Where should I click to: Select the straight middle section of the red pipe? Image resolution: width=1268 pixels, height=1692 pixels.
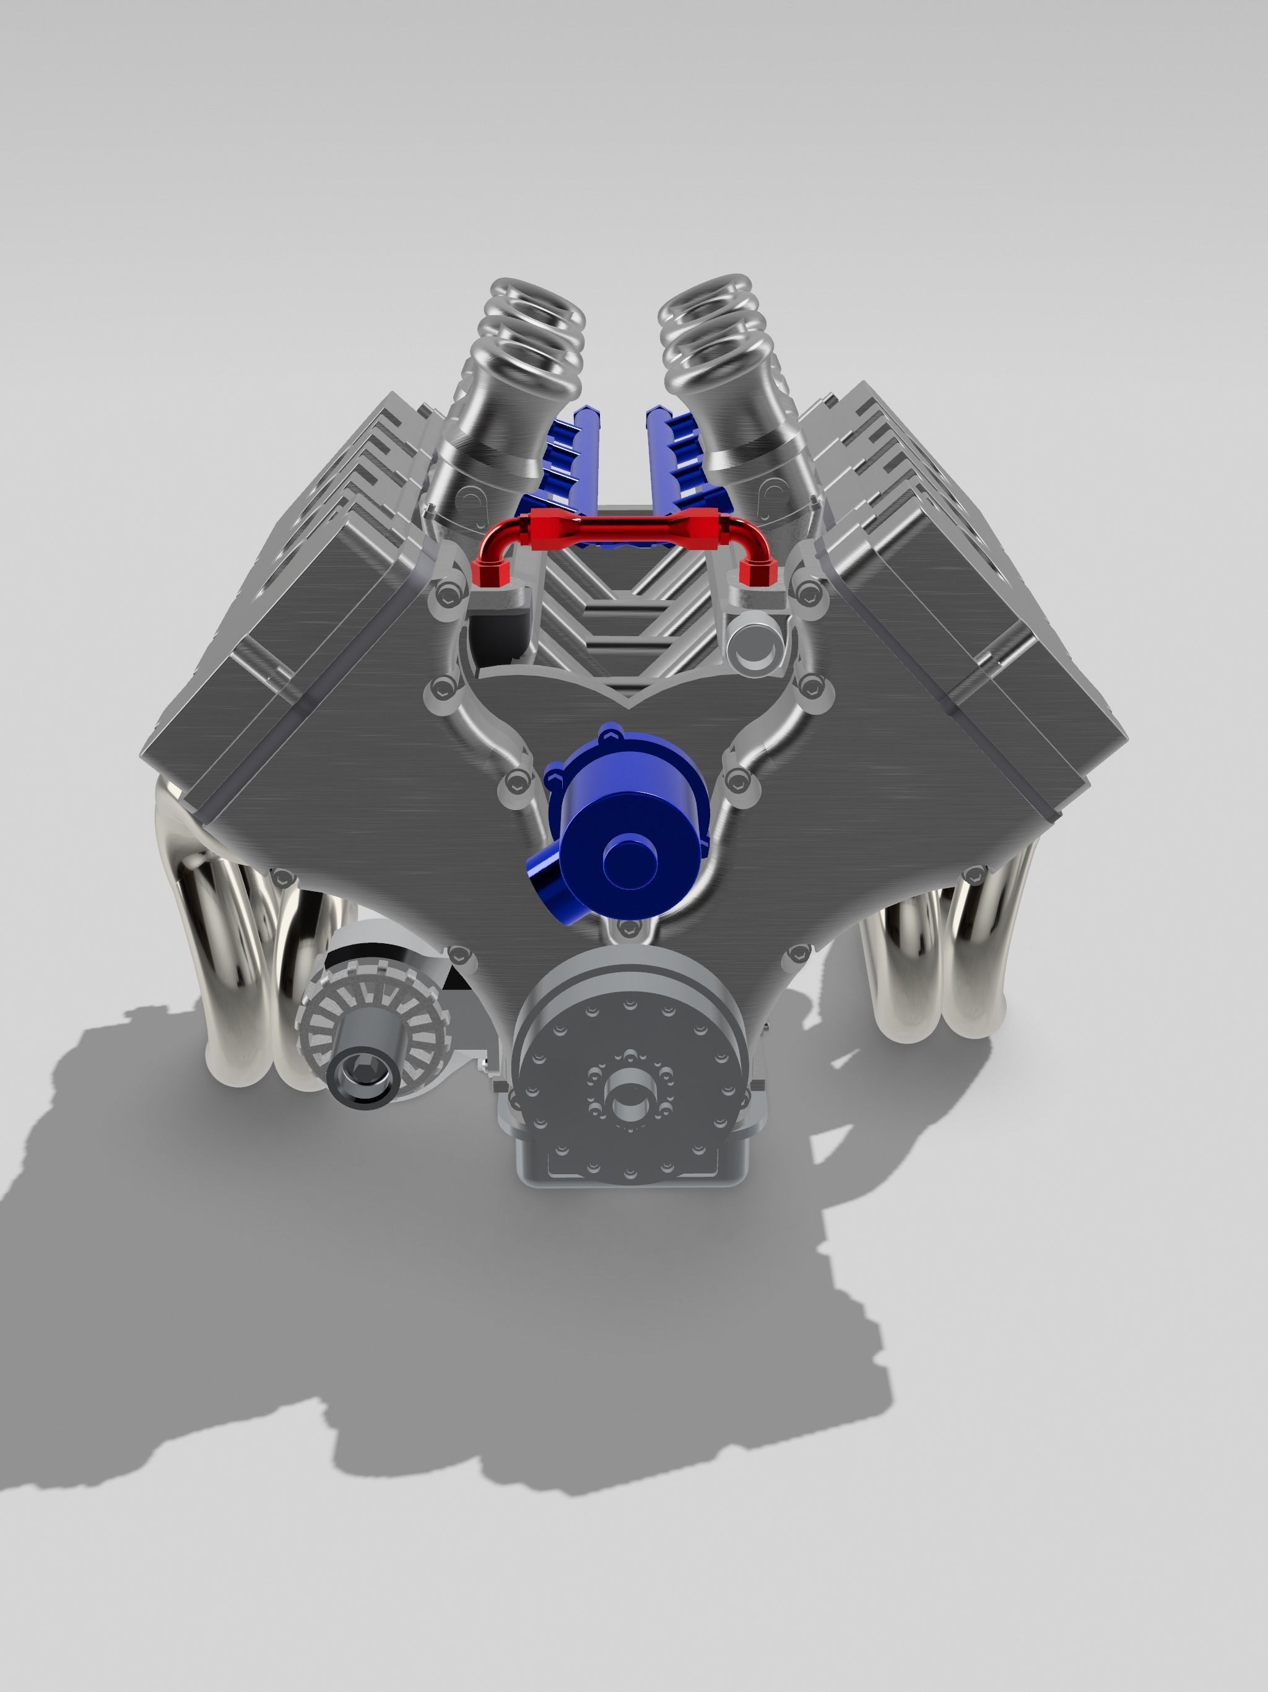627,528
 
